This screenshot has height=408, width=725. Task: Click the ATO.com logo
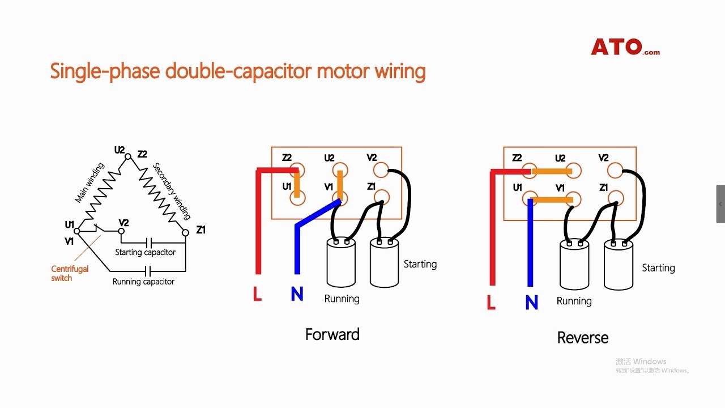point(625,46)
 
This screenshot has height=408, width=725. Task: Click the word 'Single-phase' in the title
point(105,72)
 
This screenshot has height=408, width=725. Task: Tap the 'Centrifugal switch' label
point(70,273)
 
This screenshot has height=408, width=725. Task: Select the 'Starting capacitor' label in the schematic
point(145,252)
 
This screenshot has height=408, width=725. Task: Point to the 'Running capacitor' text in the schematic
point(143,282)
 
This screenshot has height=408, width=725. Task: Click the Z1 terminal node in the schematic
point(185,232)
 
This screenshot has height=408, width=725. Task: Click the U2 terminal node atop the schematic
point(128,156)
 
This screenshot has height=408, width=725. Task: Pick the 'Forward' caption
point(332,334)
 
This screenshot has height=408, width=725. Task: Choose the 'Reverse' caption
point(582,338)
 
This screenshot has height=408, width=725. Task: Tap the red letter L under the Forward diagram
point(257,294)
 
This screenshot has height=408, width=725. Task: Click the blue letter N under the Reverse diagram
point(531,303)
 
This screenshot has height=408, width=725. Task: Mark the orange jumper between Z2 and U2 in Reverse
point(552,171)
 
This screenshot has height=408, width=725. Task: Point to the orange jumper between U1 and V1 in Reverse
point(552,199)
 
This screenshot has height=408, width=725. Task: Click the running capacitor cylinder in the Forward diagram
point(341,263)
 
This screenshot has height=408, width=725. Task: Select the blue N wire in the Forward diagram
point(296,249)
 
